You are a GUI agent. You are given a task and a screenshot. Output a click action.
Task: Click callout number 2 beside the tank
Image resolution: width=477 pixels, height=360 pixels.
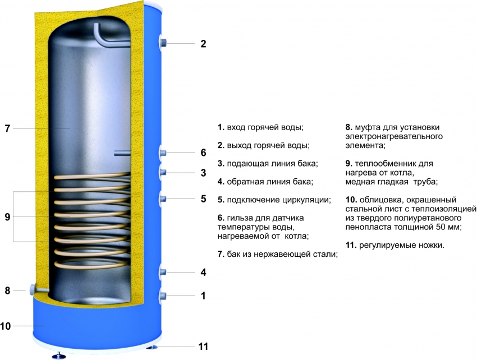tap(203, 44)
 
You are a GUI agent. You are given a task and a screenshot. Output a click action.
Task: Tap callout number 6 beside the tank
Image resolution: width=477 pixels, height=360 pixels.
tap(203, 153)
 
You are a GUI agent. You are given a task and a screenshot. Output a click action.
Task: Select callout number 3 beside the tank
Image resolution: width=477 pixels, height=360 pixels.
tap(203, 173)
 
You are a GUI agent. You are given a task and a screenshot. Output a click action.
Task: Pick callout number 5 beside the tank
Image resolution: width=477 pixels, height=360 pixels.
tap(203, 199)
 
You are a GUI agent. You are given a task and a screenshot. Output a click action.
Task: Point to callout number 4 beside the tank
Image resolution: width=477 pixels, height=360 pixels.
tap(203, 273)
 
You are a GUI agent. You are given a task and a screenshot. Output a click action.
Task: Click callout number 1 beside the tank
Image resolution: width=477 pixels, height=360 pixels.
tap(203, 296)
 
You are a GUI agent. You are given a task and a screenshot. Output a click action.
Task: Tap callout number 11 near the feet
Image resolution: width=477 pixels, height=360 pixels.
tap(203, 347)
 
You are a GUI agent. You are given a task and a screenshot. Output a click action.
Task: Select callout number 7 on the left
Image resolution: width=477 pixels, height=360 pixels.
tap(7, 128)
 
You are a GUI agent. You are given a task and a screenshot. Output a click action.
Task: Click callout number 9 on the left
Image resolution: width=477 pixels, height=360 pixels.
tap(7, 217)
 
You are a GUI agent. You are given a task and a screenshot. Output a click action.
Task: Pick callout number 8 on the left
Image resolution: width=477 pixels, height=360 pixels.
tap(7, 290)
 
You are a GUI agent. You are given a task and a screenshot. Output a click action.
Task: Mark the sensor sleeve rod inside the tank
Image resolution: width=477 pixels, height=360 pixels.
tap(122, 152)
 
